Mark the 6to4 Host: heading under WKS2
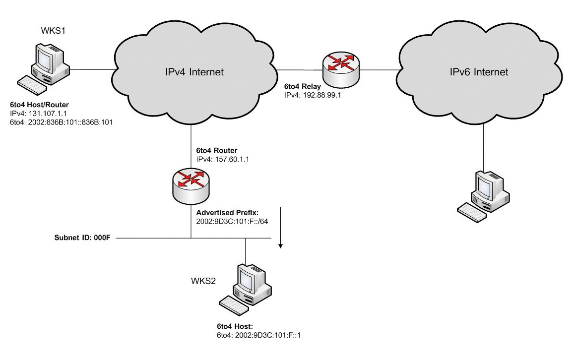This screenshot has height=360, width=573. pyautogui.click(x=235, y=326)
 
